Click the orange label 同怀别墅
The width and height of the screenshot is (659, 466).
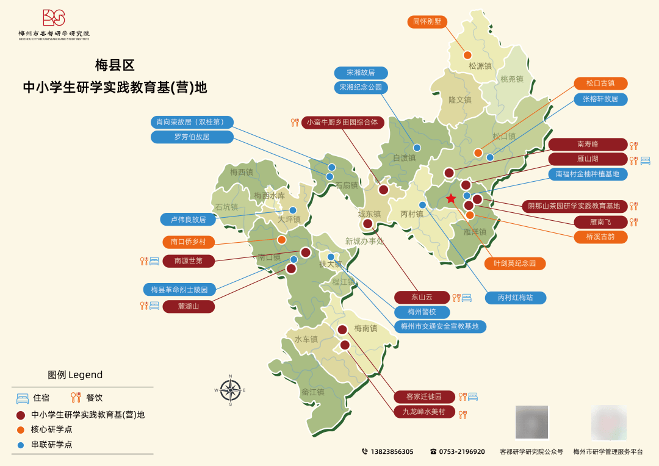pyautogui.click(x=427, y=22)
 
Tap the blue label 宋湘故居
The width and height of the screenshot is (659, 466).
pyautogui.click(x=361, y=73)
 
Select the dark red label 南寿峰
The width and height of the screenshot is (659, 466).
pyautogui.click(x=588, y=145)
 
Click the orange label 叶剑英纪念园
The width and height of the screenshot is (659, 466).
pyautogui.click(x=514, y=263)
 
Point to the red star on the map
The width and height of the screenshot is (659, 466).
pyautogui.click(x=451, y=198)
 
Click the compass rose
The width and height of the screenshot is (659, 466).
pyautogui.click(x=231, y=390)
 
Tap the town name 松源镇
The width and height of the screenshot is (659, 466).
pyautogui.click(x=480, y=66)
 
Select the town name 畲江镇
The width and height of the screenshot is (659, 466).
pyautogui.click(x=312, y=392)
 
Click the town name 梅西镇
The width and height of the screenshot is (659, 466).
pyautogui.click(x=241, y=173)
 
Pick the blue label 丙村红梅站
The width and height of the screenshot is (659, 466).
pyautogui.click(x=515, y=298)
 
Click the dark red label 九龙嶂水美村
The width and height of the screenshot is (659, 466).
pyautogui.click(x=423, y=412)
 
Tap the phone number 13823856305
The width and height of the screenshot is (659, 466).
pyautogui.click(x=391, y=452)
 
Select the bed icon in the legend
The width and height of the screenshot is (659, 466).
pyautogui.click(x=23, y=398)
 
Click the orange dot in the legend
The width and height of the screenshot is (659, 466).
pyautogui.click(x=21, y=429)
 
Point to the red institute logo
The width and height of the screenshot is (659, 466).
pyautogui.click(x=54, y=18)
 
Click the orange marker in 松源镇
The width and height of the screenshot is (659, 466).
pyautogui.click(x=467, y=55)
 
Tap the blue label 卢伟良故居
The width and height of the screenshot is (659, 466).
pyautogui.click(x=188, y=219)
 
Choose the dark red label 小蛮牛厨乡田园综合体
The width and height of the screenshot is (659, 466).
pyautogui.click(x=342, y=122)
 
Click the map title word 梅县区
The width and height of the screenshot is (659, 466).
pyautogui.click(x=114, y=65)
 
